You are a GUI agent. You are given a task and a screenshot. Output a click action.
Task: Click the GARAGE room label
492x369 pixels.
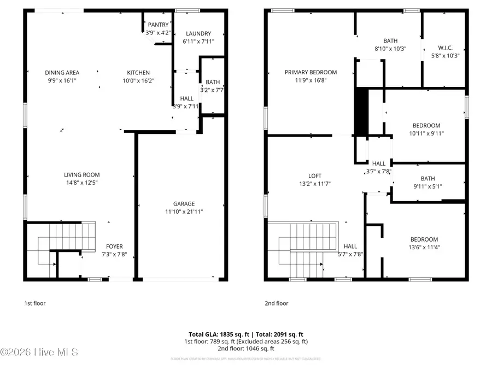coord(180,204)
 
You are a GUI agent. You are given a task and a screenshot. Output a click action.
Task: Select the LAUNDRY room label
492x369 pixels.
coord(197,34)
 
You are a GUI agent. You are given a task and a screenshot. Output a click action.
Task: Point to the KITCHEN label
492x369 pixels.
coord(138,73)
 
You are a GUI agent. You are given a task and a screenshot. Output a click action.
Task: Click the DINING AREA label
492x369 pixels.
coord(62,73)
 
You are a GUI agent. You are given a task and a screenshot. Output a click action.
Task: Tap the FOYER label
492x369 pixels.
coord(115,247)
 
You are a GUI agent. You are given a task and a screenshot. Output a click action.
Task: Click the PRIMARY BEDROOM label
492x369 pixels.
coord(311,72)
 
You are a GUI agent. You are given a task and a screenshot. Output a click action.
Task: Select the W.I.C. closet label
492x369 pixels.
coord(445,48)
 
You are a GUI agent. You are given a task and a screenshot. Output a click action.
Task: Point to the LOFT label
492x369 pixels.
coord(314,176)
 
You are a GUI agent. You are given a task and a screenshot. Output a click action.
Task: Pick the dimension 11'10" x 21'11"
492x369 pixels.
coord(180,212)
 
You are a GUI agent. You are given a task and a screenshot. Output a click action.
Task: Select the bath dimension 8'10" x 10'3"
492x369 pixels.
coord(390,48)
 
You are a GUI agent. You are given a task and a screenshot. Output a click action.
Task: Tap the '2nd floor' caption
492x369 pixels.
coord(276,303)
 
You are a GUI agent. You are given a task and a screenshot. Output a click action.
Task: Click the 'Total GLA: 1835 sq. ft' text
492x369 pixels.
coord(215,335)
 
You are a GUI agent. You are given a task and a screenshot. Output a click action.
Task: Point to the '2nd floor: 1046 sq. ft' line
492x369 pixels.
coord(246,348)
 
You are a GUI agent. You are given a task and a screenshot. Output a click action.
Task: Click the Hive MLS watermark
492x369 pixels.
coord(39,352)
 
